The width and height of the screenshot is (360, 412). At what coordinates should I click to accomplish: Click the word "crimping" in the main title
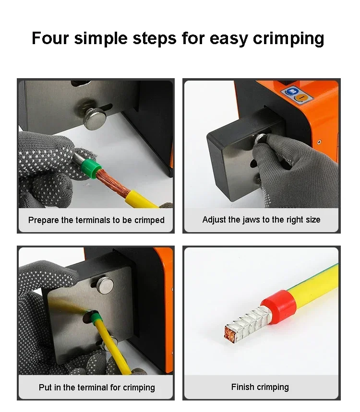pos(288,39)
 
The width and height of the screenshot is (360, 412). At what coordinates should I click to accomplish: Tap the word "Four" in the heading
pos(50,38)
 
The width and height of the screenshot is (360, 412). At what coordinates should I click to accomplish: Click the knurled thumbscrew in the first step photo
pos(95,119)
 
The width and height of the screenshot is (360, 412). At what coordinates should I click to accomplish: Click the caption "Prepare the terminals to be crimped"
pos(96,220)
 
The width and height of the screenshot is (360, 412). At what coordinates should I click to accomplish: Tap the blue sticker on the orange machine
pos(291,92)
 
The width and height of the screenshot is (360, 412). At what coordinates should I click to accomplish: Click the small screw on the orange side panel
pos(319,142)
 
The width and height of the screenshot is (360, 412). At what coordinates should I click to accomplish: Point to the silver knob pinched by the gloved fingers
pos(260,138)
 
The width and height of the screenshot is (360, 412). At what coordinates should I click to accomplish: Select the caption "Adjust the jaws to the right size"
pos(262,220)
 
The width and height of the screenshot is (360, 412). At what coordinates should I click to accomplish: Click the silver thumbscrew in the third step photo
pos(105,285)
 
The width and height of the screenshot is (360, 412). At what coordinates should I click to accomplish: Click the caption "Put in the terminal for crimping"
pos(97,388)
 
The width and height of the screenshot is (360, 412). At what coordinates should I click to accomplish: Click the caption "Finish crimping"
pos(260,387)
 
